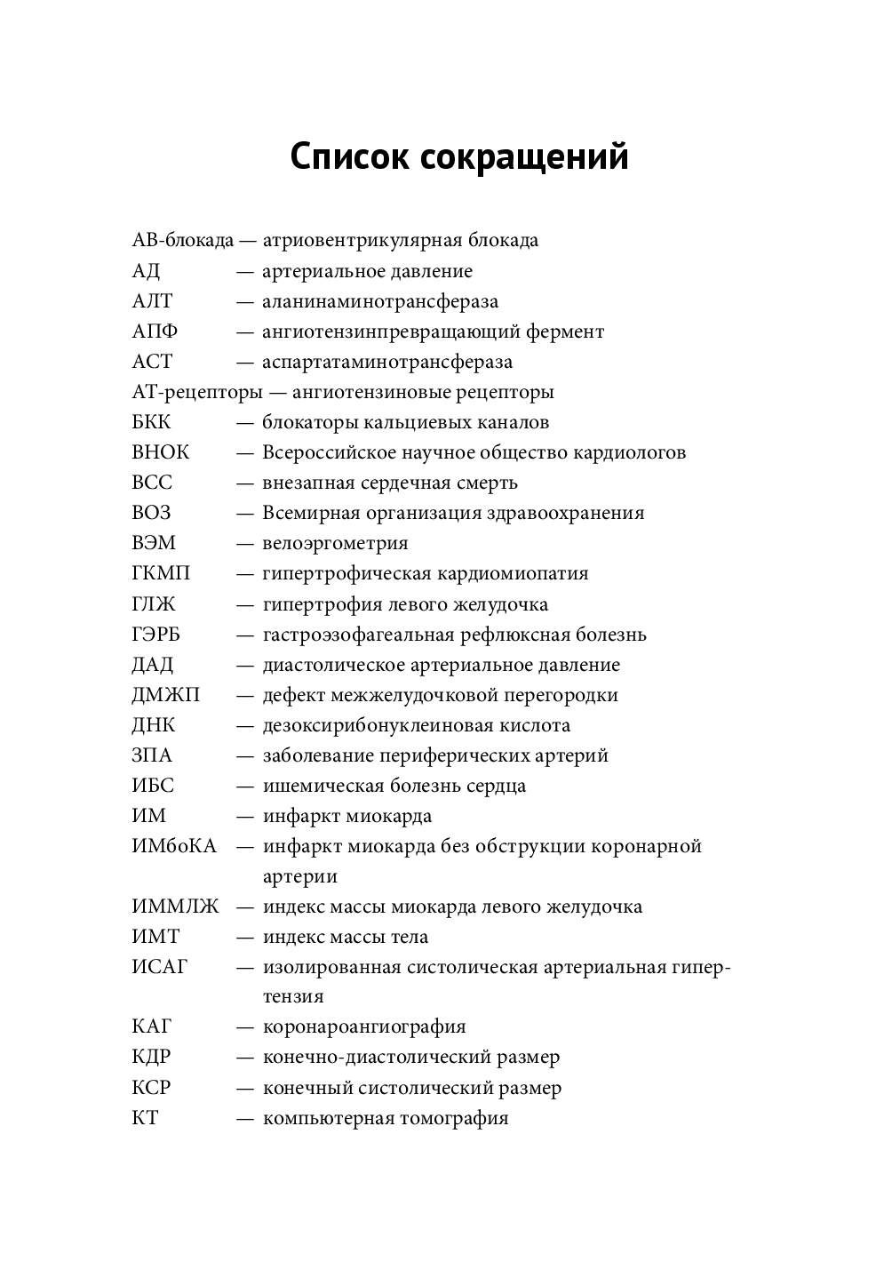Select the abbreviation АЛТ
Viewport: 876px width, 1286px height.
[152, 301]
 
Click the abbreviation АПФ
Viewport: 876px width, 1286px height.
[155, 331]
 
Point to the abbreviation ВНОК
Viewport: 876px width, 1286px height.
[160, 452]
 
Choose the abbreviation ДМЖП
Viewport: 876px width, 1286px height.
[165, 695]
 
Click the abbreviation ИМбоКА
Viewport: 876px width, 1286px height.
[173, 846]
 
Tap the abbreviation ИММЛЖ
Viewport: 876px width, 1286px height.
[175, 907]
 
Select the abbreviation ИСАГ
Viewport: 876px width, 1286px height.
[160, 967]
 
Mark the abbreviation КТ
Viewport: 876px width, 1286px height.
[145, 1118]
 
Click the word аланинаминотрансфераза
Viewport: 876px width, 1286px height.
[380, 301]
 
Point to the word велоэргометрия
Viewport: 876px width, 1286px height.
[335, 543]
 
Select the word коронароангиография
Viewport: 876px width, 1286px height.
[364, 1027]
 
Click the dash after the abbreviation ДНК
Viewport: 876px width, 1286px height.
[244, 725]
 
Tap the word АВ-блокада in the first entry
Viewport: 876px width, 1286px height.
[182, 241]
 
